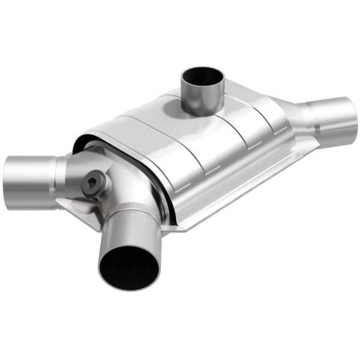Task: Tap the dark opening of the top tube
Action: tap(203, 76)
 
